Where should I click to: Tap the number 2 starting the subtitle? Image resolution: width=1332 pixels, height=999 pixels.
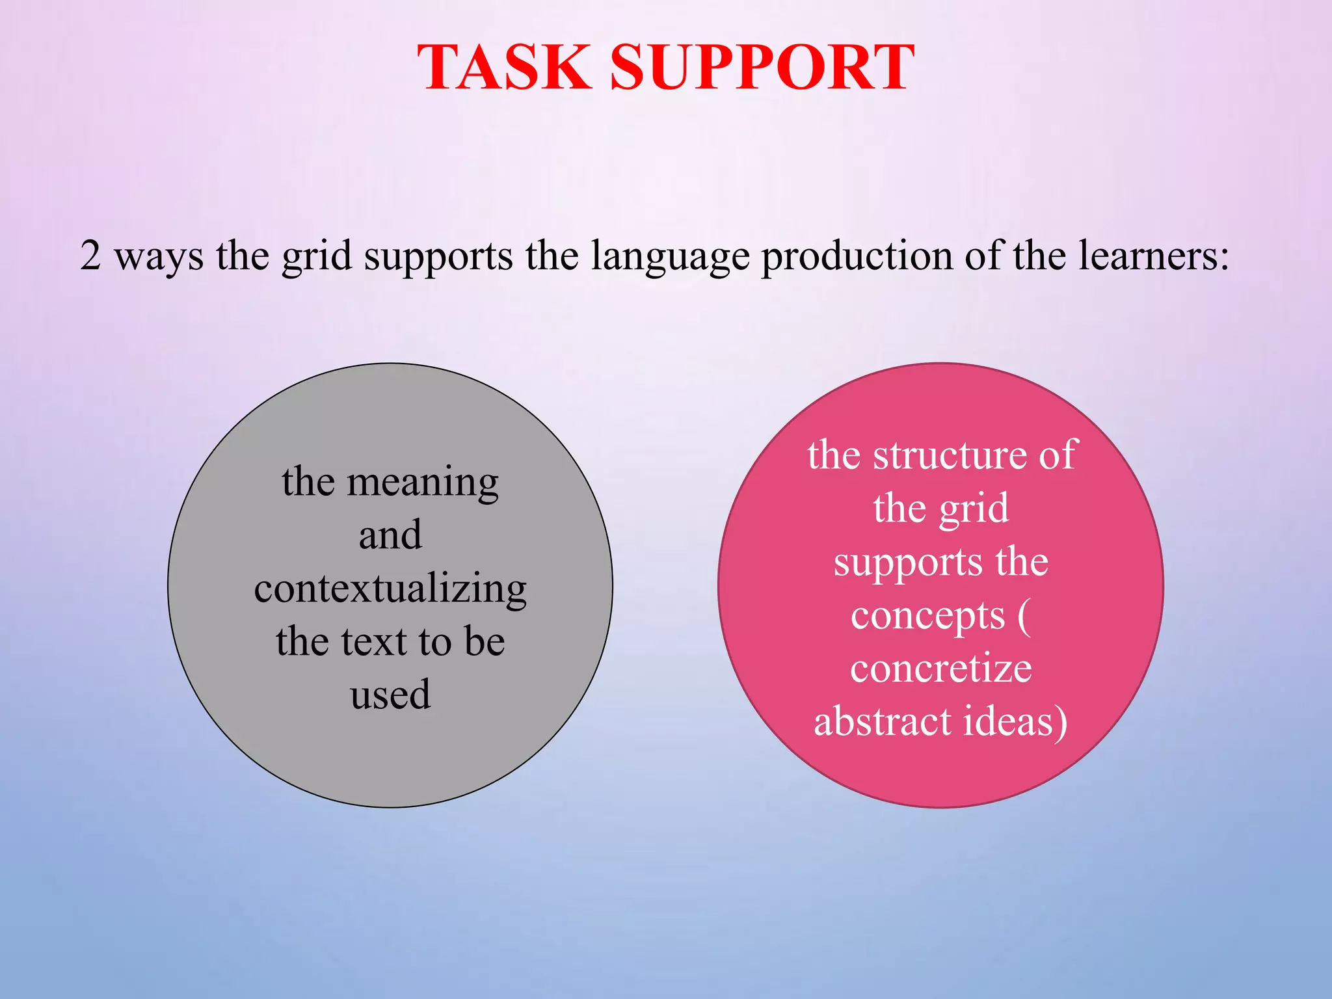(x=90, y=255)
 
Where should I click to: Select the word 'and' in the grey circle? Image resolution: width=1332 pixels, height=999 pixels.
(x=390, y=535)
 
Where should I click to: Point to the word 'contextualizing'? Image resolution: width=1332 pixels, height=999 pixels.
(x=390, y=589)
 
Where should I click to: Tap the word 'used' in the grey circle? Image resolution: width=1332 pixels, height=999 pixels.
(x=390, y=695)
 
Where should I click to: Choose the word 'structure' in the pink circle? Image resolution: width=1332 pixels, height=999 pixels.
(x=950, y=455)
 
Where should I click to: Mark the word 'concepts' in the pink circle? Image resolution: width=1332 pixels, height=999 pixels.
(x=927, y=617)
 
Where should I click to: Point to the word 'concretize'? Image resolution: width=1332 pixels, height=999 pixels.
(x=940, y=669)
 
